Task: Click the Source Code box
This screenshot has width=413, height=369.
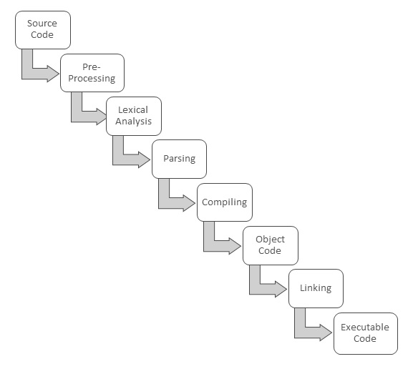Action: coord(42,29)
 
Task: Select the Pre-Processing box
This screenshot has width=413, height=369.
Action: coord(87,73)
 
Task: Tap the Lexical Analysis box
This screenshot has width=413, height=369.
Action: coord(134,116)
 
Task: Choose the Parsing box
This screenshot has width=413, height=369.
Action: coord(179,159)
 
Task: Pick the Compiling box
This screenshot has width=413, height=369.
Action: coord(225,202)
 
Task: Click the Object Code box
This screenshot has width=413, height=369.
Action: coord(270,245)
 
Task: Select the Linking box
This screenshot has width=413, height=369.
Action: coord(316,288)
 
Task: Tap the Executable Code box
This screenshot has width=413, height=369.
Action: coord(365,333)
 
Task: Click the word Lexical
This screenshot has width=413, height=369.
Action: coord(134,110)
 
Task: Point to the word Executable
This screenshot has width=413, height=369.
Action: coord(365,327)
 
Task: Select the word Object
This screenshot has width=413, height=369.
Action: coord(270,240)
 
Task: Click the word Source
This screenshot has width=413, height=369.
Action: coord(42,24)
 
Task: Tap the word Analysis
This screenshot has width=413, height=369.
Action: coord(134,122)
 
